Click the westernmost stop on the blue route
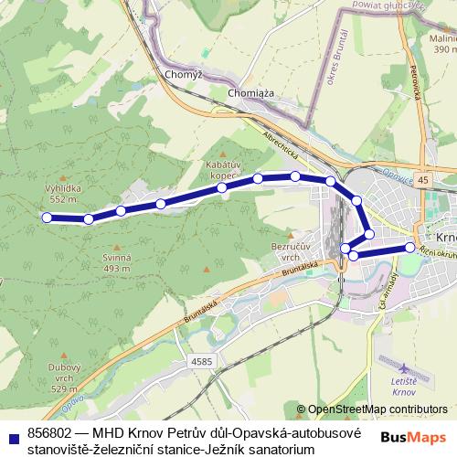[47, 218]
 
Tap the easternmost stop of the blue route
[410, 247]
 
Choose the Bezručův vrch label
[292, 251]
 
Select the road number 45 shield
[422, 181]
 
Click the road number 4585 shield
[202, 362]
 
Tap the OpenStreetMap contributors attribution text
[377, 409]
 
